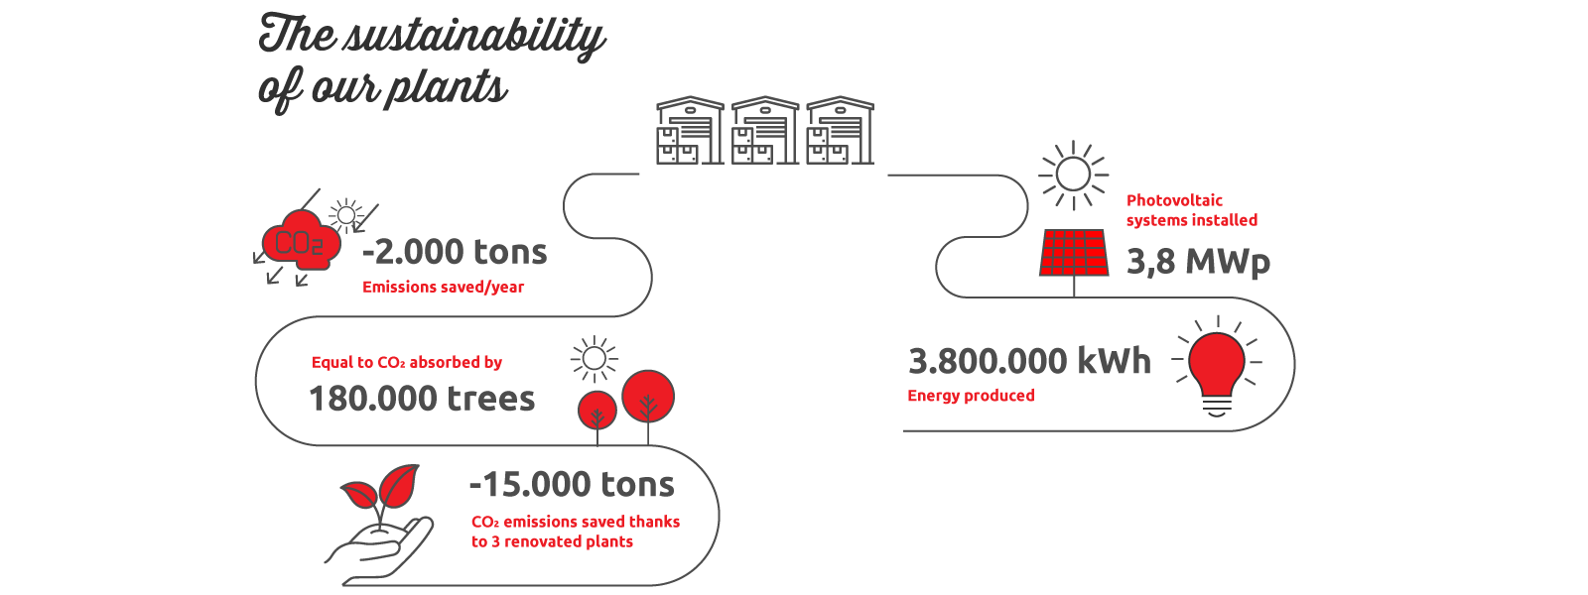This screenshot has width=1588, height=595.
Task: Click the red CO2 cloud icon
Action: (302, 241)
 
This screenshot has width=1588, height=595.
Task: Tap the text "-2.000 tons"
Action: (455, 252)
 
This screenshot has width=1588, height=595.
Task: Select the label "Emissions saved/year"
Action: (443, 287)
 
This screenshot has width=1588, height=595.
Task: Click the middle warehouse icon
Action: (765, 131)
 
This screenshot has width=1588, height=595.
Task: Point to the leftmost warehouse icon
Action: (690, 131)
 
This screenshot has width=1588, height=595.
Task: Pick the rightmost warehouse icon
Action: (840, 131)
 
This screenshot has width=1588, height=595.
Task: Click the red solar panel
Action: (1073, 252)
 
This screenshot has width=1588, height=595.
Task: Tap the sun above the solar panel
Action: (1073, 175)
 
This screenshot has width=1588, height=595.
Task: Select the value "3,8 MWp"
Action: (1198, 262)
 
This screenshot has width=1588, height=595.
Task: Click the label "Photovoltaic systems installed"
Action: (1192, 210)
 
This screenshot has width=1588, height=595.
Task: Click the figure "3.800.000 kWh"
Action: (1029, 361)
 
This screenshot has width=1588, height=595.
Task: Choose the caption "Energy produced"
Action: (972, 396)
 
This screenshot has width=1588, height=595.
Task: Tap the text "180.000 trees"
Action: (422, 398)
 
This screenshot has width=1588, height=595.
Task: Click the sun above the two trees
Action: (595, 359)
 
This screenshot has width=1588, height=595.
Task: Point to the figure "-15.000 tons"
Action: (572, 485)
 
